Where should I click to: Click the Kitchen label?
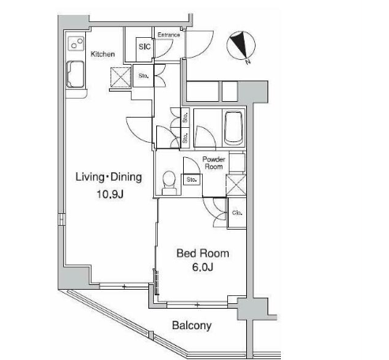pos(103,54)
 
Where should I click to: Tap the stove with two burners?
pos(77,43)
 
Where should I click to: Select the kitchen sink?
pos(75,74)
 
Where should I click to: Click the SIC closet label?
pos(144,47)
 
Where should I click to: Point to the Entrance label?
pos(169,35)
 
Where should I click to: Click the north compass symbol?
pos(241,45)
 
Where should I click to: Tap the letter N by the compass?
pos(248,62)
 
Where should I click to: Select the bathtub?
pos(234,128)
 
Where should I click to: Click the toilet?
pos(169,183)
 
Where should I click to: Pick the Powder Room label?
pos(214,163)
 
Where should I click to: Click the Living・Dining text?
pos(109,177)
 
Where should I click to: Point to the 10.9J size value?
pos(110,194)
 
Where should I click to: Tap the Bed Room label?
pos(203,253)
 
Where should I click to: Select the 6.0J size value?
pos(203,267)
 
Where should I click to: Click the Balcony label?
pos(192,325)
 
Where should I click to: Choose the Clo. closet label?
pos(237,212)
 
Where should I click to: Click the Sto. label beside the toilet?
pos(192,179)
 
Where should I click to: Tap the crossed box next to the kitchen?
pos(121,77)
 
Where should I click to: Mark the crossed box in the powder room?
pos(236,186)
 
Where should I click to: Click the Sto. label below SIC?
pos(144,76)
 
